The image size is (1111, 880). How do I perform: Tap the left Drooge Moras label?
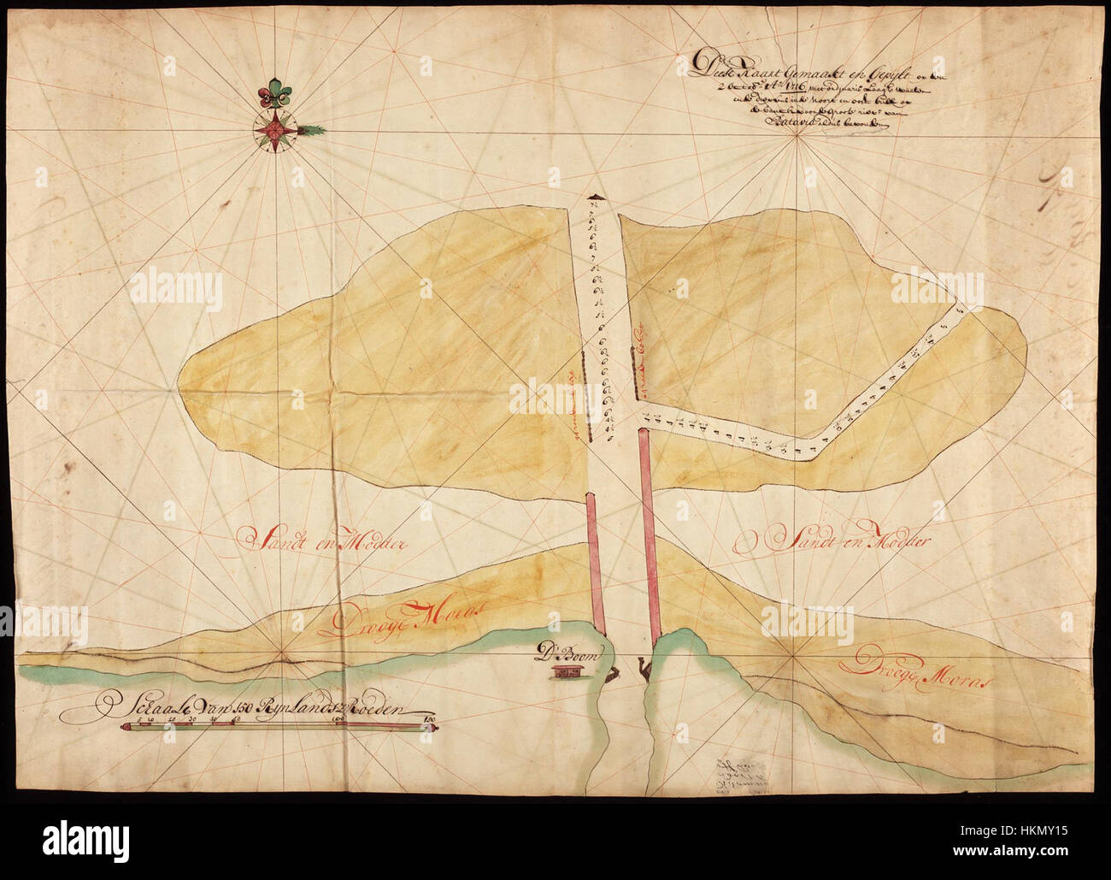click(402, 617)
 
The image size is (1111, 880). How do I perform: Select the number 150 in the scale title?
click(238, 708)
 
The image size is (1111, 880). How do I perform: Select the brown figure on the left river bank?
click(613, 676)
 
